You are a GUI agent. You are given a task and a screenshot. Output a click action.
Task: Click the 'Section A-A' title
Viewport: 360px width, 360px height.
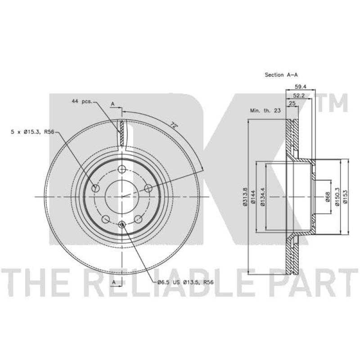pyautogui.click(x=281, y=75)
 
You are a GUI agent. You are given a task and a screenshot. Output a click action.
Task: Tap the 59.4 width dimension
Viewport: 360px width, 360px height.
pyautogui.click(x=301, y=86)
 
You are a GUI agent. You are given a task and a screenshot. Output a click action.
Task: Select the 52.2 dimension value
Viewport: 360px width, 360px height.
pyautogui.click(x=299, y=96)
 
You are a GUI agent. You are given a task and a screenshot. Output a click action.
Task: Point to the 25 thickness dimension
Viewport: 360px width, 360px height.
pyautogui.click(x=292, y=103)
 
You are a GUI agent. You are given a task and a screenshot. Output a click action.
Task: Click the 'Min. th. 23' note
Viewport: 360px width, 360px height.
pyautogui.click(x=265, y=110)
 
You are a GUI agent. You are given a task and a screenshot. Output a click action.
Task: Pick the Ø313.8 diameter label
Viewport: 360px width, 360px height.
pyautogui.click(x=245, y=197)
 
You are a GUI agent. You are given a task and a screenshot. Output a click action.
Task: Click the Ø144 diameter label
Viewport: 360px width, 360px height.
pyautogui.click(x=253, y=197)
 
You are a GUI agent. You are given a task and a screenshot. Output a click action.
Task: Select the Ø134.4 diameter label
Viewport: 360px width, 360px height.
pyautogui.click(x=263, y=197)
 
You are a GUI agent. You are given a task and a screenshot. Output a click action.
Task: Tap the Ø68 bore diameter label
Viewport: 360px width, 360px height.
pyautogui.click(x=328, y=197)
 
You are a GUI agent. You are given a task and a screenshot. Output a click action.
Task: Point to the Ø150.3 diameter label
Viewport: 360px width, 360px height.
pyautogui.click(x=337, y=197)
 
